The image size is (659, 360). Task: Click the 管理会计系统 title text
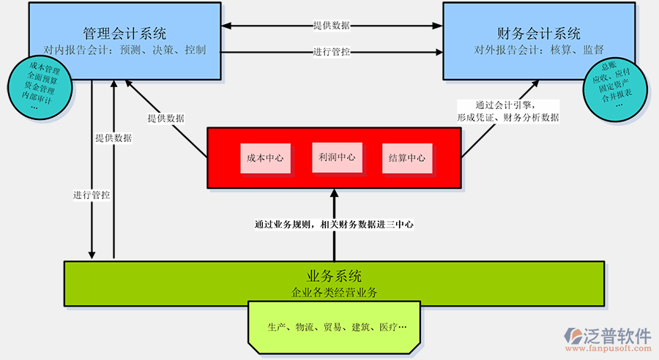point(124,34)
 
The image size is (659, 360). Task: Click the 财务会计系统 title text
point(539,34)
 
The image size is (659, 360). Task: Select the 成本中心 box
point(264,157)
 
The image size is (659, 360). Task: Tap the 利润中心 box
point(336,157)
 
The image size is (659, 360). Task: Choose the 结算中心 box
point(407,157)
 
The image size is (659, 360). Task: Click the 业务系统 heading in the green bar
point(334,277)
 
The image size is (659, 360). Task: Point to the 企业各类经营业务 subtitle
point(334,293)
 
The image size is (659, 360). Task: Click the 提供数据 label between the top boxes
point(332,26)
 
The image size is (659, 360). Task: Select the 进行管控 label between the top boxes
point(332,52)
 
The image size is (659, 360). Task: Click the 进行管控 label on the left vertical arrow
point(92,195)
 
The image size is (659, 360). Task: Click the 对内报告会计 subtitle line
point(124,50)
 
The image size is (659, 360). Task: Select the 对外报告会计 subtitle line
point(539,50)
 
